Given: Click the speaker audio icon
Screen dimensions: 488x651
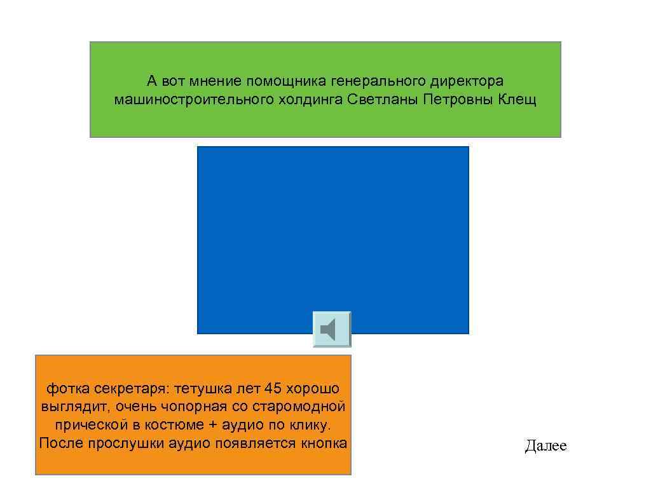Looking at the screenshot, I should tap(331, 329).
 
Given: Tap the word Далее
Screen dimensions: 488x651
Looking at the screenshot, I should tap(545, 446).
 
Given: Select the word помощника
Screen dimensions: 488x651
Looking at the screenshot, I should tap(286, 81).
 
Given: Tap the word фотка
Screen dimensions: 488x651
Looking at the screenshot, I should tap(67, 388).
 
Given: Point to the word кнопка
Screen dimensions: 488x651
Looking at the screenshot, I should tap(324, 443).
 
